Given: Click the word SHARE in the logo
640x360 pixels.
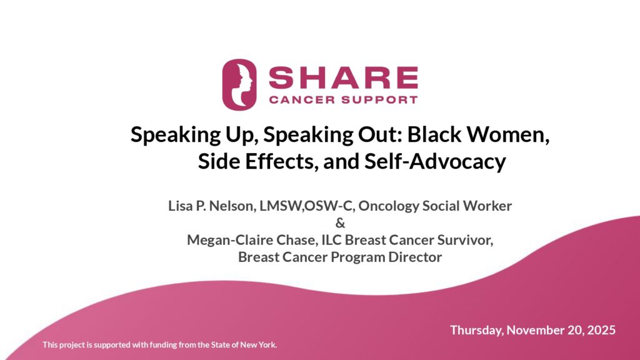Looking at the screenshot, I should (x=343, y=77).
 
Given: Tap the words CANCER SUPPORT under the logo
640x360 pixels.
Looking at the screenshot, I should (x=343, y=99).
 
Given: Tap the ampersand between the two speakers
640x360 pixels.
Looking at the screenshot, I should (x=340, y=223).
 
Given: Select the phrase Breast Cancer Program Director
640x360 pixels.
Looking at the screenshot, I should (x=340, y=257).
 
